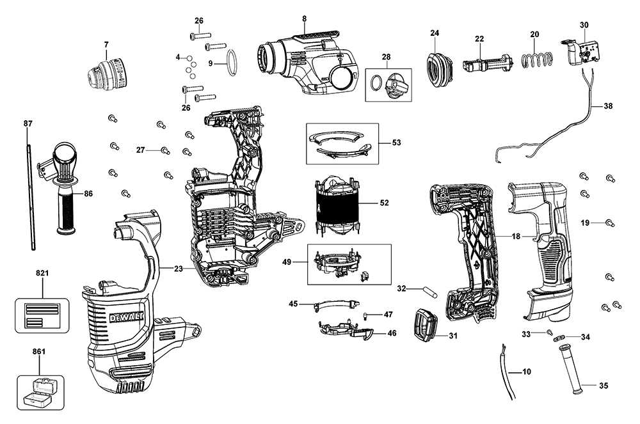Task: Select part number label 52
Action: coord(384,203)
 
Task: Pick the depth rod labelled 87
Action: coord(30,192)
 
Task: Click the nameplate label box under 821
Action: coord(42,313)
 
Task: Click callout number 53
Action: coord(396,143)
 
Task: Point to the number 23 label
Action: coord(179,269)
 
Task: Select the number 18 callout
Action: coord(516,236)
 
